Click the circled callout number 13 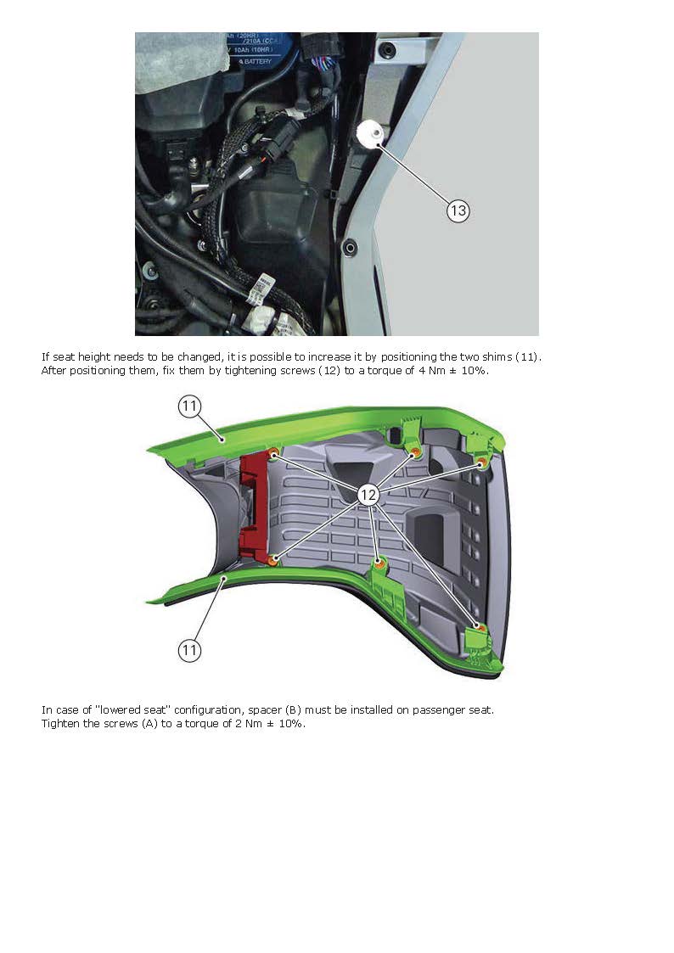coord(458,210)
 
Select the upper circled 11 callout coord(189,406)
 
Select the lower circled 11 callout coord(189,651)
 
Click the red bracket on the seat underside coord(253,505)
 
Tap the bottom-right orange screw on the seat coord(480,629)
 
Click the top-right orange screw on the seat coord(481,462)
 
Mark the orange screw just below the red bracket coord(272,559)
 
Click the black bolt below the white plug coord(350,248)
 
